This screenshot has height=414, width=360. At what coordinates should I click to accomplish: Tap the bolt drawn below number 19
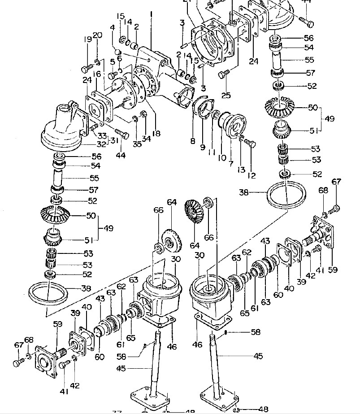coord(86,69)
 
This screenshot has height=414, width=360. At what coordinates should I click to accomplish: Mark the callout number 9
coord(203,146)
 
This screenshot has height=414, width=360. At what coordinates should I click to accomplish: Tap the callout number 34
coord(146,137)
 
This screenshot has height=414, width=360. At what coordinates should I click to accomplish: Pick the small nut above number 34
coord(144,113)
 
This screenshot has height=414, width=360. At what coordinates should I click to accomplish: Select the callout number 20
coord(98,35)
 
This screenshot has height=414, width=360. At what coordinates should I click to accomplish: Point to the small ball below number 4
coord(116,52)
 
